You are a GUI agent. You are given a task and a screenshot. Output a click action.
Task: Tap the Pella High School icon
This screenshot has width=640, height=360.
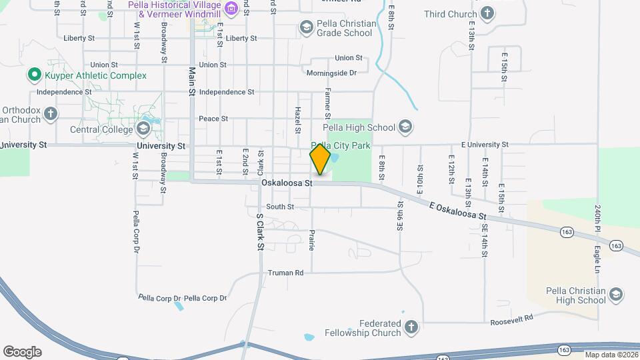pos(405,127)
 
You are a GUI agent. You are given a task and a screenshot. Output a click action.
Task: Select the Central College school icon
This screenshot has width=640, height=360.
pos(143,129)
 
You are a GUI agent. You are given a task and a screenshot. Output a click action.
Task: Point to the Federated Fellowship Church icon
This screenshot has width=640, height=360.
pos(411,327)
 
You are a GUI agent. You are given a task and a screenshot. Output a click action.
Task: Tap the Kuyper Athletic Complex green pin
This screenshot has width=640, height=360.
pos(33,75)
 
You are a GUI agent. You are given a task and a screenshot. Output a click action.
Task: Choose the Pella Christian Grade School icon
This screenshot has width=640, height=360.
pos(307,27)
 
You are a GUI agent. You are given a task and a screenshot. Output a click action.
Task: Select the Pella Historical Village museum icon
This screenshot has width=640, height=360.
pos(231,9)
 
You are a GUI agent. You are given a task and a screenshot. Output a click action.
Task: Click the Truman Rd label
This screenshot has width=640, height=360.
pos(285,273)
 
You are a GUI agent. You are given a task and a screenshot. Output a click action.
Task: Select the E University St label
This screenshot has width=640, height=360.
pos(485,144)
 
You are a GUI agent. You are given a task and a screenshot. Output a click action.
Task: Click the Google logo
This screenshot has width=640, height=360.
pos(22,351)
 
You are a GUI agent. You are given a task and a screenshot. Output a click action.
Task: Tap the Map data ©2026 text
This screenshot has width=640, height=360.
pos(611,355)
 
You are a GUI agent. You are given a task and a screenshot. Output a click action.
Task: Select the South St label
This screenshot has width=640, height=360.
pos(280,207)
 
